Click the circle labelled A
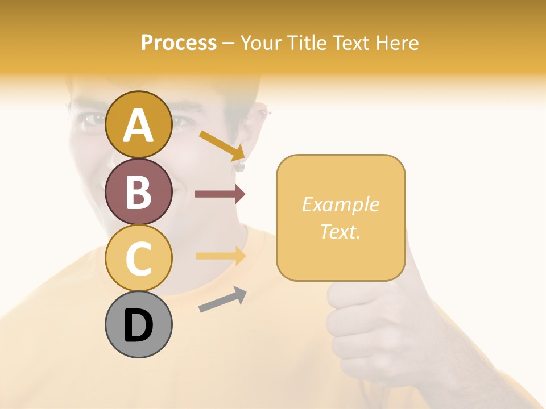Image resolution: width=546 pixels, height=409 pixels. pyautogui.click(x=138, y=124)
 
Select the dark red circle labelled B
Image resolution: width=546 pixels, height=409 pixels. pyautogui.click(x=138, y=191)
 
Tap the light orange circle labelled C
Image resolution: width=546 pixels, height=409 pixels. pyautogui.click(x=138, y=258)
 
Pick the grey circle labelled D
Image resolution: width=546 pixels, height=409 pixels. pyautogui.click(x=138, y=324)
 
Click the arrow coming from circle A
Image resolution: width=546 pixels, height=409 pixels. pyautogui.click(x=222, y=145)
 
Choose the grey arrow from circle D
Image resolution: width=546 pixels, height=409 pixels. pyautogui.click(x=222, y=299)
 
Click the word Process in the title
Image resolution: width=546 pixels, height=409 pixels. pyautogui.click(x=179, y=43)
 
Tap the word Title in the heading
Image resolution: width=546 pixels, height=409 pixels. pyautogui.click(x=305, y=43)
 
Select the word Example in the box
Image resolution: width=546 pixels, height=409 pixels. pyautogui.click(x=340, y=204)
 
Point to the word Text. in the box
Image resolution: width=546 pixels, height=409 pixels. pyautogui.click(x=340, y=231)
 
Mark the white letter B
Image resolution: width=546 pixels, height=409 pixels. pyautogui.click(x=138, y=192)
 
